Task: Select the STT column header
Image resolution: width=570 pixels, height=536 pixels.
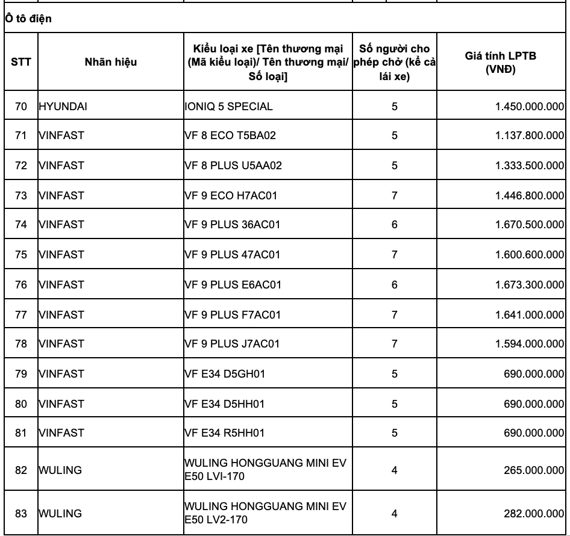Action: pyautogui.click(x=21, y=61)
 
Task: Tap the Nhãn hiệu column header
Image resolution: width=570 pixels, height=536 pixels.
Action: pyautogui.click(x=110, y=61)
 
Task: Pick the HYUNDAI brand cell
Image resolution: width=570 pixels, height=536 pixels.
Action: pyautogui.click(x=60, y=107)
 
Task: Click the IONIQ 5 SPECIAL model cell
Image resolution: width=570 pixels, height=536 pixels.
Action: pyautogui.click(x=229, y=107)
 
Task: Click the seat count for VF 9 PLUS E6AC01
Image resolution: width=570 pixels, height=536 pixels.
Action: pyautogui.click(x=394, y=285)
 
